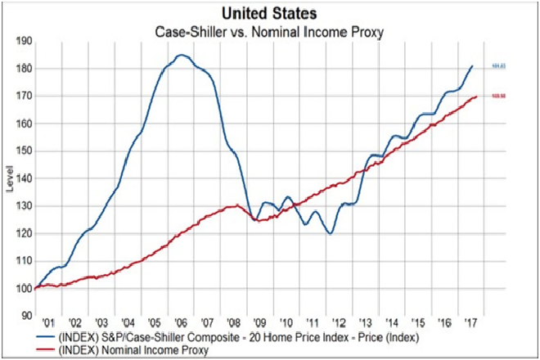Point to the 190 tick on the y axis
(24, 41)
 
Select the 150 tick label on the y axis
(24, 151)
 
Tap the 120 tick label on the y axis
(24, 234)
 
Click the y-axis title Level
(9, 177)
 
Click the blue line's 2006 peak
(181, 55)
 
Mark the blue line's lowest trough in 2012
(331, 233)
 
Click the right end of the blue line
(472, 66)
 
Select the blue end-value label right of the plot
(496, 66)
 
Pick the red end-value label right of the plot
(496, 97)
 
